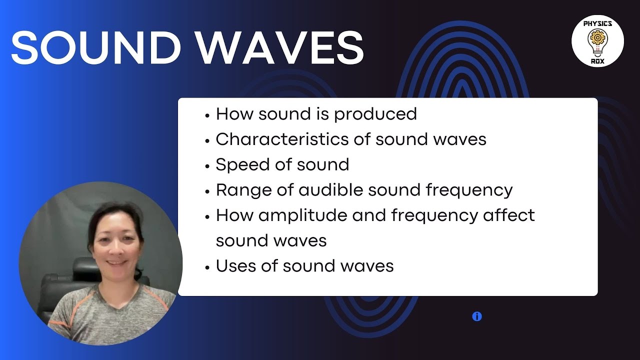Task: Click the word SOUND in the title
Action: pos(95,47)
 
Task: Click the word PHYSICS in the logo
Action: pos(597,23)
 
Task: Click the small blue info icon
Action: pos(476,316)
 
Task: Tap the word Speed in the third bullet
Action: pos(240,165)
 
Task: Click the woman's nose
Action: pos(115,247)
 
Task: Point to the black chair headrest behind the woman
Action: pos(82,270)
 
